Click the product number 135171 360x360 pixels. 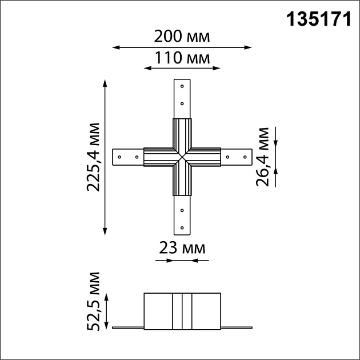coord(318,18)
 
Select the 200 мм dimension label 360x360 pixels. coord(182,37)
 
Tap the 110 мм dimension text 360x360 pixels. coord(182,58)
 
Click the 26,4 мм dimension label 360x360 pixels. coord(263,157)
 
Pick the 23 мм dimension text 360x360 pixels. coord(182,249)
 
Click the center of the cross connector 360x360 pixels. coord(182,156)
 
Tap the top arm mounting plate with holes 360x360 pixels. coord(182,97)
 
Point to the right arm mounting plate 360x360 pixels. coord(237,156)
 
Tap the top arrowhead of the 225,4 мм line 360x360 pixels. coord(105,83)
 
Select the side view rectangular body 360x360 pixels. coord(182,311)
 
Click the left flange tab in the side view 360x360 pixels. coord(127,328)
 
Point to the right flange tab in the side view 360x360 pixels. coord(236,328)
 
